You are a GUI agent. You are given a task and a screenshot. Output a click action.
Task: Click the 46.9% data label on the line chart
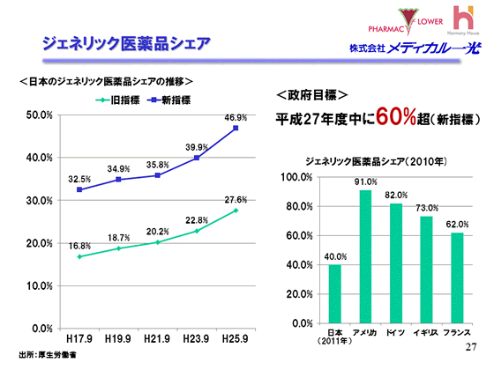point(236,116)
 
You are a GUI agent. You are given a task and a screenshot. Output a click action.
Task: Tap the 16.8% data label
point(80,246)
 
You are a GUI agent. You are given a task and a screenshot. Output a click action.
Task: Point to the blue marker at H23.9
point(197,158)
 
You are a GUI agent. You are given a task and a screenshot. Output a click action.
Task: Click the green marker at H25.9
point(236,211)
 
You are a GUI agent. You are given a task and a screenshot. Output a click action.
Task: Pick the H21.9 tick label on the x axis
point(158,337)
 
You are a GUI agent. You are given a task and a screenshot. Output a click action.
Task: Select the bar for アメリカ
point(365,256)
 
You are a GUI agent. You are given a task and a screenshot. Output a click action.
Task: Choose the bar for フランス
point(456,277)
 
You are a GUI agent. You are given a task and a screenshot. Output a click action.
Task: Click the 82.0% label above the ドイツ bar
point(396,195)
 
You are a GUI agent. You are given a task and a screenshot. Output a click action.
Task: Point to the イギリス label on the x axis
point(426,331)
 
